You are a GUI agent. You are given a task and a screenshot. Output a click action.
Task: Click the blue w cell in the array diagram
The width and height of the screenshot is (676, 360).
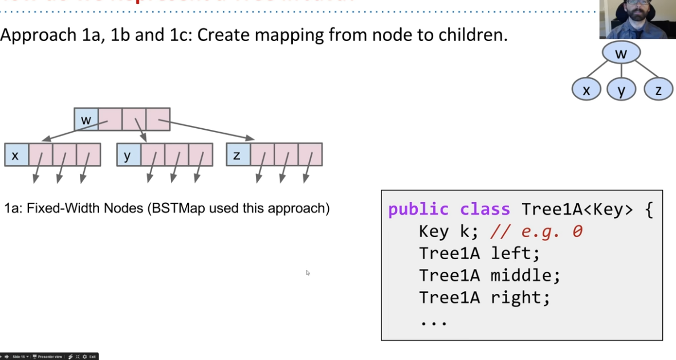click(86, 119)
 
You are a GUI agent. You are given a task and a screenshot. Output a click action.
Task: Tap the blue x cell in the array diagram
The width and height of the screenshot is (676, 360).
click(16, 154)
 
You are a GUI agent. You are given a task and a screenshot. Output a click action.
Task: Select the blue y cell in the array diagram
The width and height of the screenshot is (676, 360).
click(128, 154)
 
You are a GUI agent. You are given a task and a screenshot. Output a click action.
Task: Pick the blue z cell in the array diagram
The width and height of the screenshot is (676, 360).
click(238, 154)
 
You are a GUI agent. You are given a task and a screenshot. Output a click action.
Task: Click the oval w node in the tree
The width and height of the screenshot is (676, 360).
click(621, 54)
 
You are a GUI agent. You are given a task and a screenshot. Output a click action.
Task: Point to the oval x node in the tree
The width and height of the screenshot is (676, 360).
click(587, 90)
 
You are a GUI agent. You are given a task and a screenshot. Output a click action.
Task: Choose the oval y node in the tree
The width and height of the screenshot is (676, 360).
click(621, 90)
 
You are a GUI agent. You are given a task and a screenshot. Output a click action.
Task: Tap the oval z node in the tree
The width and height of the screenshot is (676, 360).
click(658, 90)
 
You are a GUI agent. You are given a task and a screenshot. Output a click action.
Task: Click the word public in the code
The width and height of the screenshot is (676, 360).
click(418, 210)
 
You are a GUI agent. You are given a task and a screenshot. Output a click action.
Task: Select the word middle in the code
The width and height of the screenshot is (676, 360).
click(526, 276)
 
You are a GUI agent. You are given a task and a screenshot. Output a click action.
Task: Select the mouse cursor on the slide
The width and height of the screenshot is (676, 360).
click(308, 273)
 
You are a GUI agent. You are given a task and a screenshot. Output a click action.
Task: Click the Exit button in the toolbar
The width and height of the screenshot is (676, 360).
click(92, 357)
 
